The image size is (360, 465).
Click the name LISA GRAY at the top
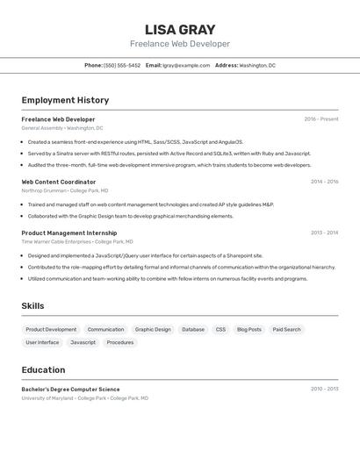(x=179, y=29)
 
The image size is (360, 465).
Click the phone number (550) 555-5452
(x=122, y=65)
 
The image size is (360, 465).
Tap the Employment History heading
(x=65, y=100)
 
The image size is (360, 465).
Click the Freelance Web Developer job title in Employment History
(x=58, y=119)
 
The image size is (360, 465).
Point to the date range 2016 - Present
(x=321, y=119)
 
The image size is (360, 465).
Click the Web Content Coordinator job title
(x=59, y=182)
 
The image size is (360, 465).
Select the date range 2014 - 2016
(x=324, y=182)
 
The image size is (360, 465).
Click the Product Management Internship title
(x=69, y=232)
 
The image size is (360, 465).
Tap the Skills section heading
(x=32, y=305)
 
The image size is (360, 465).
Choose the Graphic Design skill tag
(x=153, y=330)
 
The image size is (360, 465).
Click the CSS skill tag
(x=220, y=330)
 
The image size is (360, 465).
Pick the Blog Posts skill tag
(x=249, y=330)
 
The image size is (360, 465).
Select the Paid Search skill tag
(x=286, y=330)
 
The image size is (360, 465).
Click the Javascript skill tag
(x=83, y=342)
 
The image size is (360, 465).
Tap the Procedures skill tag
(x=120, y=342)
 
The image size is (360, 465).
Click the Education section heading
(x=43, y=369)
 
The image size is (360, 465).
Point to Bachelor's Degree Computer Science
(x=70, y=389)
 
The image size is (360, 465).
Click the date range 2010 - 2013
(x=324, y=389)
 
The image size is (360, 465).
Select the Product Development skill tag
(x=51, y=330)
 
